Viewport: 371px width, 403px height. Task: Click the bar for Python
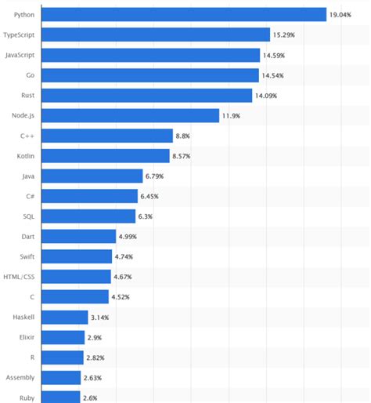tap(182, 14)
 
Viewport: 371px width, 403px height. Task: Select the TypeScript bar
tap(155, 34)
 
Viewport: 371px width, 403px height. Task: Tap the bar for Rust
tap(146, 95)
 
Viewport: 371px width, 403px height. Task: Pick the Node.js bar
tap(129, 115)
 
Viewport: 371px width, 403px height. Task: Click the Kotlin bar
tap(105, 156)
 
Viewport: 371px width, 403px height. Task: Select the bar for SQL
tap(87, 216)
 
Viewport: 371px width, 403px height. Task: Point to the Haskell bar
tap(63, 317)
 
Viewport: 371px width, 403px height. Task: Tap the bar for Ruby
tap(60, 398)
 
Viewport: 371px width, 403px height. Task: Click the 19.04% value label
tap(342, 15)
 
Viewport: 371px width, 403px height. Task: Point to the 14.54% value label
tap(274, 75)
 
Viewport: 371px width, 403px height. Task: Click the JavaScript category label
tap(19, 55)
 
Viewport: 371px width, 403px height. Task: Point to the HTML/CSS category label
tap(19, 277)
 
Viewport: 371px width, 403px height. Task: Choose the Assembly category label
tap(19, 377)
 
